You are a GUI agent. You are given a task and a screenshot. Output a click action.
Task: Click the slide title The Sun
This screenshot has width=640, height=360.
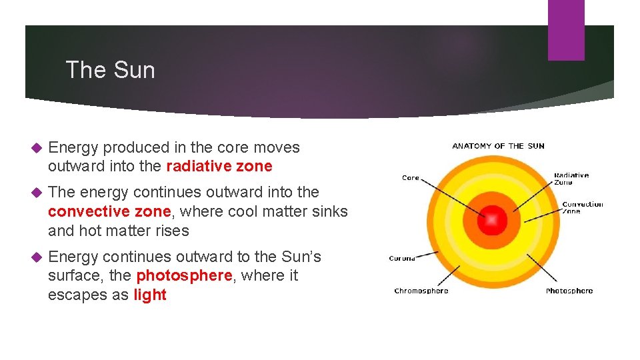point(110,70)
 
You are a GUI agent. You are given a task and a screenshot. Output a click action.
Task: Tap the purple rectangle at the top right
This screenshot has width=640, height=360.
point(565,30)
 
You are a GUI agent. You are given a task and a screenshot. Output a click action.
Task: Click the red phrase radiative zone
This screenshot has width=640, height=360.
point(219,166)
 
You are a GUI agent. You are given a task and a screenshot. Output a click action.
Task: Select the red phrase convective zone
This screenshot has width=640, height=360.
point(109,211)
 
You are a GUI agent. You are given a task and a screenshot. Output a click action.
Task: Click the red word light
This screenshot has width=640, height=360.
point(150,295)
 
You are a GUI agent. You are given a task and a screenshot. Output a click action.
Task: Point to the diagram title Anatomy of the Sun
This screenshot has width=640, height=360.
point(498,146)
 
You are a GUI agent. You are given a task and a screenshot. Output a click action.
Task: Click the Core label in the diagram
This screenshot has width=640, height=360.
point(411,178)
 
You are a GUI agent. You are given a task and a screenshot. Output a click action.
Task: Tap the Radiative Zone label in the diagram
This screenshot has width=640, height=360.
point(571,179)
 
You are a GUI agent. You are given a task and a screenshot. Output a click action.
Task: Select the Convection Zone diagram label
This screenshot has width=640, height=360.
point(582,207)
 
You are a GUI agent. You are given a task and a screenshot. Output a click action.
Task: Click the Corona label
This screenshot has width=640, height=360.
point(402,259)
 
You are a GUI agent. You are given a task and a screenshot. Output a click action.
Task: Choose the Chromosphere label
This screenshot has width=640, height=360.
point(421,291)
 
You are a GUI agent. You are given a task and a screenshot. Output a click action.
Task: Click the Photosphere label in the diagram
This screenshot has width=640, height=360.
point(569,291)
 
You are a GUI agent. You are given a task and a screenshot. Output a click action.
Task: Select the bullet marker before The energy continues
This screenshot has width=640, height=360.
point(37,193)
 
